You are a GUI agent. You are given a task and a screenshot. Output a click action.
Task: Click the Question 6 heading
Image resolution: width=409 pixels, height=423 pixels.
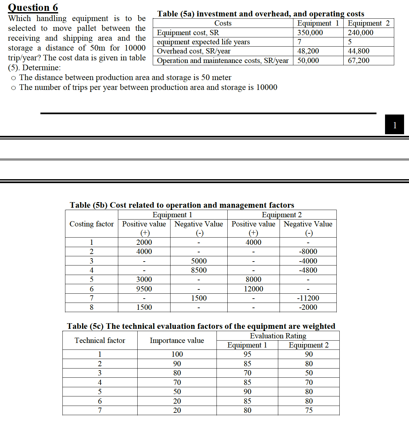(33, 7)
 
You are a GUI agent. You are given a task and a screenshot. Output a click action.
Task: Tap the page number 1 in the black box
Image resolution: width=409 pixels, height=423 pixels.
(395, 125)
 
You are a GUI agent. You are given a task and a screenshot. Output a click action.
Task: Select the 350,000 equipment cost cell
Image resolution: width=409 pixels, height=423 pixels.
(310, 32)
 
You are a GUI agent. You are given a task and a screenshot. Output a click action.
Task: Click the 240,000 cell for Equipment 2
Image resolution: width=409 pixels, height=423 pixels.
(360, 32)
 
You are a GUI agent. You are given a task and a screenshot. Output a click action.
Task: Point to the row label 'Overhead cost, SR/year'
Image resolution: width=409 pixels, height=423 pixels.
(193, 51)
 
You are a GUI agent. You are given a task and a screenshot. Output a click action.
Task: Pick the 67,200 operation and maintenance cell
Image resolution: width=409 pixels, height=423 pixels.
(358, 60)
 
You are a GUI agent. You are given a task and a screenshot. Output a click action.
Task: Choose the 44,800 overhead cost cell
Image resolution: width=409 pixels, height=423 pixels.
(358, 51)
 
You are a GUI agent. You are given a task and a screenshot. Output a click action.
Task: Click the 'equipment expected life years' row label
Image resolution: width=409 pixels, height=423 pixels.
(203, 42)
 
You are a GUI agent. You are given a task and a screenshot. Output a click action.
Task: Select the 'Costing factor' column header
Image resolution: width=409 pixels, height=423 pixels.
(91, 224)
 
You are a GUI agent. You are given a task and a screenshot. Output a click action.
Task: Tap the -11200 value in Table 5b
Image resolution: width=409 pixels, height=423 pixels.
(308, 298)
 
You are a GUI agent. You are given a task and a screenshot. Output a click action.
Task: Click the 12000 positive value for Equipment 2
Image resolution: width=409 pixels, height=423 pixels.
(253, 289)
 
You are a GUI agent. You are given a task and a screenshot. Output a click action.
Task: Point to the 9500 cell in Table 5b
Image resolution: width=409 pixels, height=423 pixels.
(144, 289)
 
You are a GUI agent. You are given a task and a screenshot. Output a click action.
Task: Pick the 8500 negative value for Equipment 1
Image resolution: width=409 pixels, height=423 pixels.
(199, 270)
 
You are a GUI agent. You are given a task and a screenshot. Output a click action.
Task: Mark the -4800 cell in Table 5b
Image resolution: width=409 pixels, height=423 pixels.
(308, 270)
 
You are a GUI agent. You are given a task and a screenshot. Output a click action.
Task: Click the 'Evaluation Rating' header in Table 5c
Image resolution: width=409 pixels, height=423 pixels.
(278, 336)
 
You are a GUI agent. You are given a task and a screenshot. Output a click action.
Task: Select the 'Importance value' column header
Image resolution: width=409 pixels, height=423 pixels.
(177, 340)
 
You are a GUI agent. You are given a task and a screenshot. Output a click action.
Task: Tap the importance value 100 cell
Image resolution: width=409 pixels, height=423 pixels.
(177, 354)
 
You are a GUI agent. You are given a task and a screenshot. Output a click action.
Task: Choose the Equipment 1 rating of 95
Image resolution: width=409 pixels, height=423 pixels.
(247, 354)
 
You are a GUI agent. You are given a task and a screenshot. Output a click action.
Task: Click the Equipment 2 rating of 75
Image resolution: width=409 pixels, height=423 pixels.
(309, 410)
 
